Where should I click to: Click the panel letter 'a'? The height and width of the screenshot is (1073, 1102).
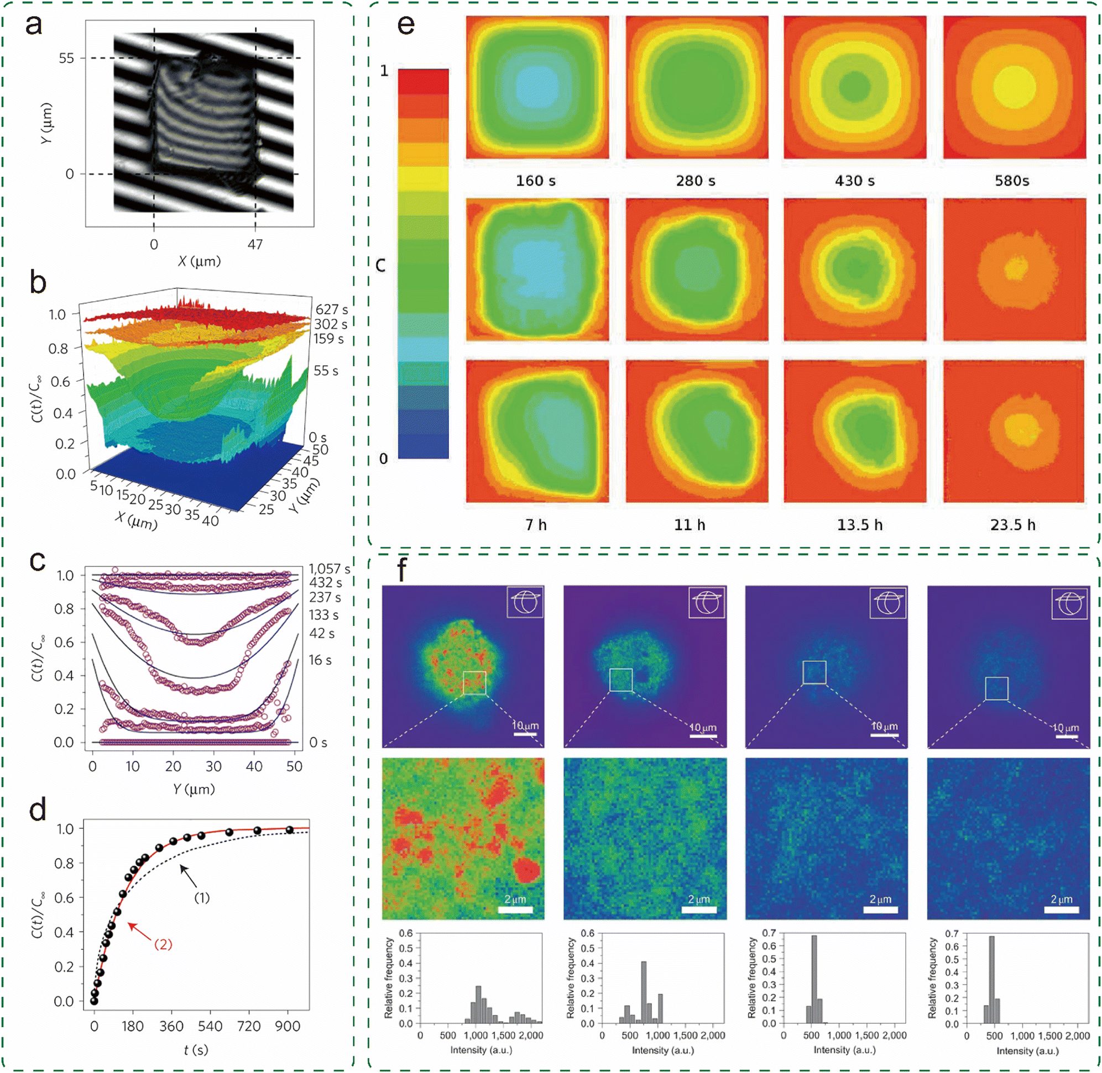coord(34,25)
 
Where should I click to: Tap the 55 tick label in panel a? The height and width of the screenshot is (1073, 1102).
coord(66,58)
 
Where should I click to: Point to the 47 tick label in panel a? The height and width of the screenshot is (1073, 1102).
coord(255,244)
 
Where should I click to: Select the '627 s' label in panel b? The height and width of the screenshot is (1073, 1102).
coord(331,309)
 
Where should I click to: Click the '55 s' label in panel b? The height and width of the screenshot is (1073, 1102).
coord(326,370)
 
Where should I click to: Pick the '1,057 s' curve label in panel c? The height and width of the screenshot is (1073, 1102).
coord(330,569)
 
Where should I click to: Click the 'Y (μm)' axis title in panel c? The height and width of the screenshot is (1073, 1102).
coord(194,788)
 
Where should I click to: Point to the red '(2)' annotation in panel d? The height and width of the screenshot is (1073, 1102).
coord(163,944)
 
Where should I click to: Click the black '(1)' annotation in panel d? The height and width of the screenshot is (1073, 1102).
coord(202,897)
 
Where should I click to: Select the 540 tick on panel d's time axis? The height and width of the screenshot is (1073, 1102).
coord(210,1025)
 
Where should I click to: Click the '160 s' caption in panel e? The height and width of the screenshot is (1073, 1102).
coord(535,180)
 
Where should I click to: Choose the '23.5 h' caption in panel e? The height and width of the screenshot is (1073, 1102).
coord(1012,525)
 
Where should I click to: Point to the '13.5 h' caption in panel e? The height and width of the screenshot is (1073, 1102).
coord(859,525)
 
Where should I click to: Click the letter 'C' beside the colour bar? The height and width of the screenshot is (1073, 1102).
coord(380,265)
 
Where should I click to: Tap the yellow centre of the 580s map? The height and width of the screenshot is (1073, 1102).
coord(1014,87)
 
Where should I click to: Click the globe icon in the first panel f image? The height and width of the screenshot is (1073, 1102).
coord(525,602)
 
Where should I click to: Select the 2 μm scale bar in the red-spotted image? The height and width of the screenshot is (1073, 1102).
coord(515,909)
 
